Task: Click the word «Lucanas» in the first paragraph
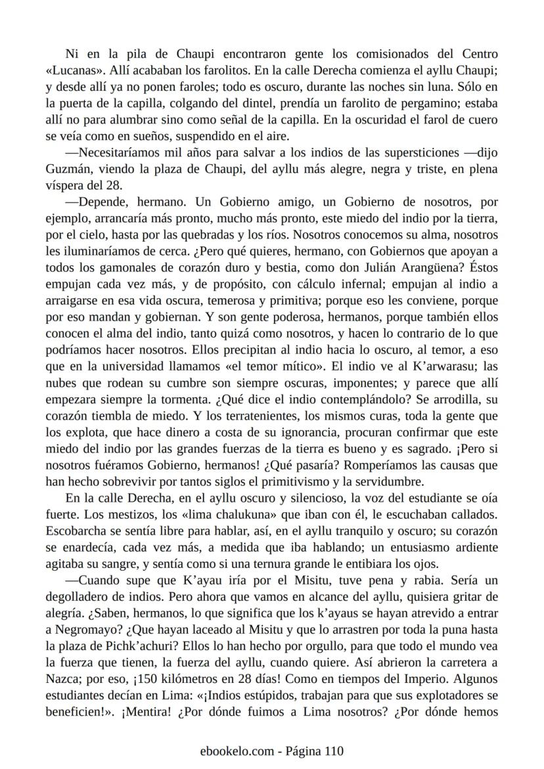tap(73, 71)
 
